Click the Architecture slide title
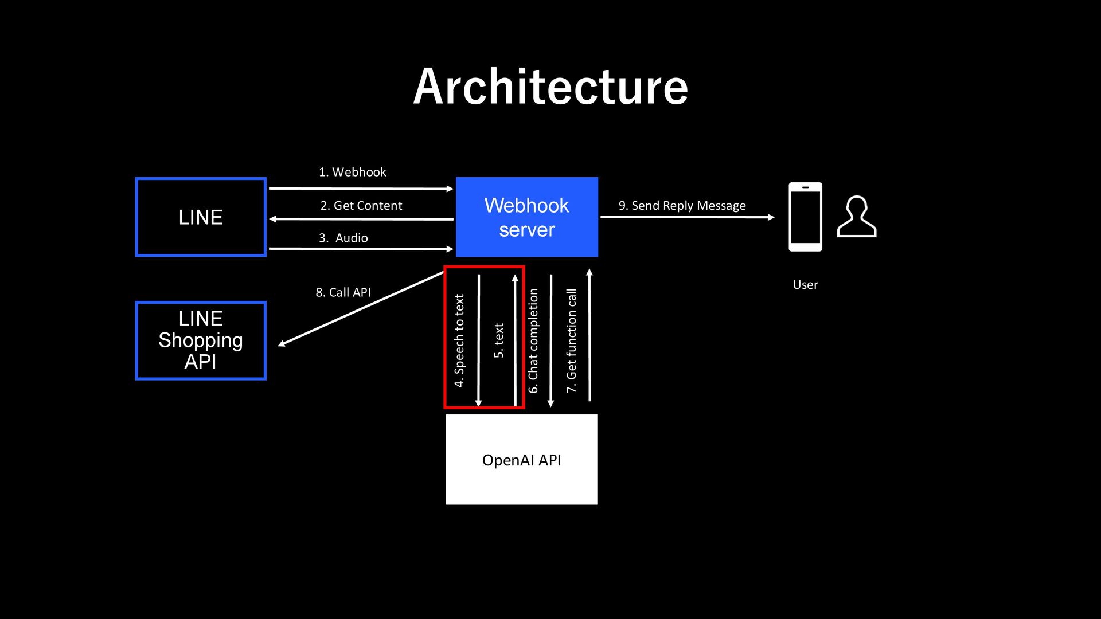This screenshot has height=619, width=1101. tap(550, 87)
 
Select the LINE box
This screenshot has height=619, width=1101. tap(201, 217)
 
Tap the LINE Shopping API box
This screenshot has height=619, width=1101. tap(201, 340)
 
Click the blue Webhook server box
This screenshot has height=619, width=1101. tap(527, 217)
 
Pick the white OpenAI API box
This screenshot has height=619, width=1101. tap(522, 460)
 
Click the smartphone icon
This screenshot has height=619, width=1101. tap(805, 217)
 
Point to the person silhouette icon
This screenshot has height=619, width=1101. tap(857, 217)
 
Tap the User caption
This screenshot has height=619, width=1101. tap(805, 285)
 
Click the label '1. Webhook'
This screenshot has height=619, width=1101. tap(353, 172)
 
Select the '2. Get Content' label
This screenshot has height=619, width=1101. tap(361, 206)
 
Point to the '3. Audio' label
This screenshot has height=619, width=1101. tap(343, 238)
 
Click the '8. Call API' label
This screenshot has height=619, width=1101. tap(343, 292)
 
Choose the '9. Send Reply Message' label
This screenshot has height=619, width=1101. tap(682, 206)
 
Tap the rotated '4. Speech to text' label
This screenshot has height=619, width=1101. tap(459, 341)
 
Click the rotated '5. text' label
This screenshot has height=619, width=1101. tap(499, 341)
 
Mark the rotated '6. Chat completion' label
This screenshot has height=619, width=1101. tap(533, 341)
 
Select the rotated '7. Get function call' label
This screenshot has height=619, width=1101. tap(571, 341)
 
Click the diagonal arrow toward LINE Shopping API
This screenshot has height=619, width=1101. tap(361, 309)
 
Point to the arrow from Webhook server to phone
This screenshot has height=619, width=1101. tap(688, 217)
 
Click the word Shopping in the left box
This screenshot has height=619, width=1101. tap(201, 341)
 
